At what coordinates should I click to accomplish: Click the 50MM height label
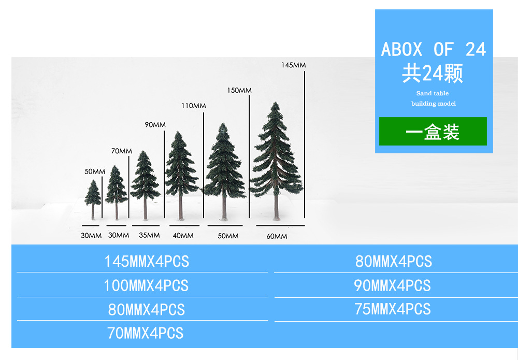(x=95, y=171)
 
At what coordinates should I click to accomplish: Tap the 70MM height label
(x=121, y=151)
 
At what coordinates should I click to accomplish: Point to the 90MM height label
(x=155, y=125)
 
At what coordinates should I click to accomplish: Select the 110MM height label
(x=193, y=106)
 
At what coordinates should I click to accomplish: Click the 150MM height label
(x=239, y=91)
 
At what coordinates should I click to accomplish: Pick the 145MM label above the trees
(x=293, y=65)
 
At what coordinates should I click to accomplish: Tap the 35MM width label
(x=149, y=236)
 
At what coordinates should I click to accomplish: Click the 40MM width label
(x=183, y=236)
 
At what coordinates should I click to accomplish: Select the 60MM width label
(x=277, y=236)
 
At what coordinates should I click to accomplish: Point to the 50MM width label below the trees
(x=228, y=236)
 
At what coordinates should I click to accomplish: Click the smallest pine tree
(x=93, y=197)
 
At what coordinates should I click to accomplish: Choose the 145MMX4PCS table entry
(x=147, y=262)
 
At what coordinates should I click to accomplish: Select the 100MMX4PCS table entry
(x=146, y=285)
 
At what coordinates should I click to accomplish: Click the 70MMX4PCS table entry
(x=145, y=333)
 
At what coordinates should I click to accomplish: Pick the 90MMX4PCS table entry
(x=392, y=285)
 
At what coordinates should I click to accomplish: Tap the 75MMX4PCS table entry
(x=393, y=309)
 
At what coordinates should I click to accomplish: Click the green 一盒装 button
(x=433, y=132)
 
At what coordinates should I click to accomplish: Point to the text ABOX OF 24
(x=434, y=50)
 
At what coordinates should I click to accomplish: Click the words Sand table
(x=433, y=94)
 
